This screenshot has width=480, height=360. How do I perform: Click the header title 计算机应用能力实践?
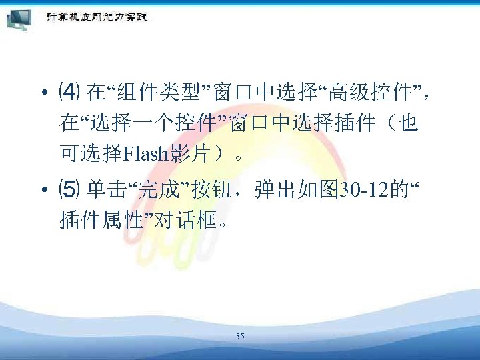(x=97, y=17)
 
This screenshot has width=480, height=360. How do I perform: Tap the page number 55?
(x=240, y=337)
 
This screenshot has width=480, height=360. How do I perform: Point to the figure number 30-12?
(x=364, y=191)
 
